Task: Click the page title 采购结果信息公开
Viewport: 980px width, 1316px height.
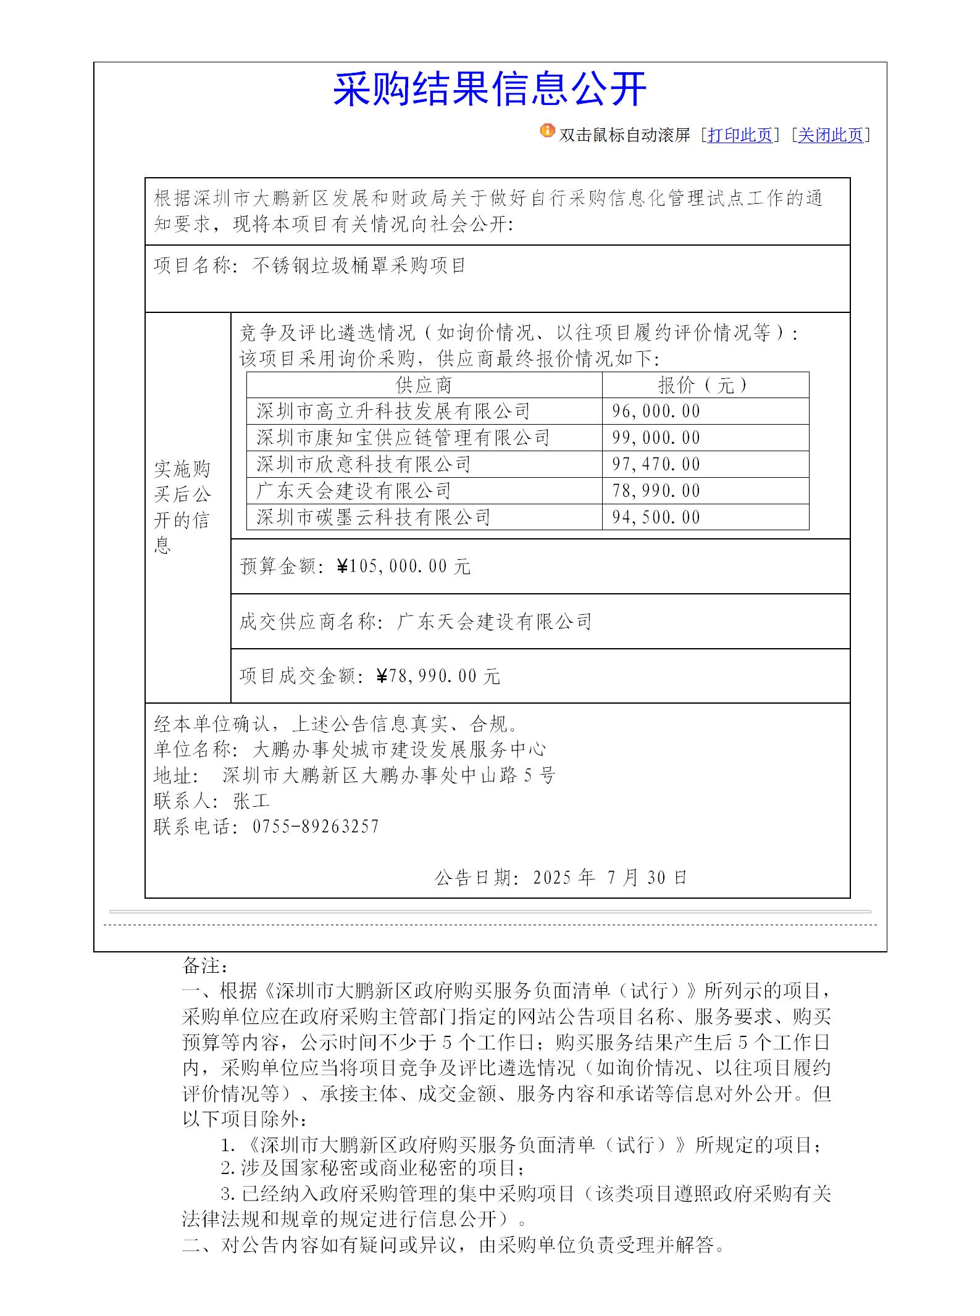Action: point(490,90)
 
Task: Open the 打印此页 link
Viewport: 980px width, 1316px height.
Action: point(740,135)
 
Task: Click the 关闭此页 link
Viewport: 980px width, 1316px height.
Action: point(830,135)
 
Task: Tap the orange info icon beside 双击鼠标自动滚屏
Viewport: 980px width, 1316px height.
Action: point(547,131)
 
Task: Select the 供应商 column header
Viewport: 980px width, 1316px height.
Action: point(424,385)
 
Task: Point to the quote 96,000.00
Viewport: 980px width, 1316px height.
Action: point(656,411)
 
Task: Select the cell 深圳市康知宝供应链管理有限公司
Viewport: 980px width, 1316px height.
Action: point(403,438)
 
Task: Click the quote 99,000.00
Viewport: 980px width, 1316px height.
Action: point(656,438)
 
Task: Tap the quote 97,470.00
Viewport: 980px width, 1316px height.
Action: point(656,464)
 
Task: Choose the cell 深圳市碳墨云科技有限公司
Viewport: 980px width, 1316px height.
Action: point(374,517)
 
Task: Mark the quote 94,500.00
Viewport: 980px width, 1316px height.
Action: point(656,517)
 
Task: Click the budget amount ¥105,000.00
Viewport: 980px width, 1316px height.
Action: point(404,566)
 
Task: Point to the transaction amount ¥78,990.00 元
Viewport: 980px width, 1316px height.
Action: point(438,677)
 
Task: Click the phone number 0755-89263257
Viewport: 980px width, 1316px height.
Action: point(316,827)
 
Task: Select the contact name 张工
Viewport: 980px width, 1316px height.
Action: point(252,801)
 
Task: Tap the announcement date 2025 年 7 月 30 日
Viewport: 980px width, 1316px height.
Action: point(609,877)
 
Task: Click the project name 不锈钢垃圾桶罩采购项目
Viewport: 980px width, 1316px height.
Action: point(359,265)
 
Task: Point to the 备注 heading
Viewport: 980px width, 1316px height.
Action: point(206,965)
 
